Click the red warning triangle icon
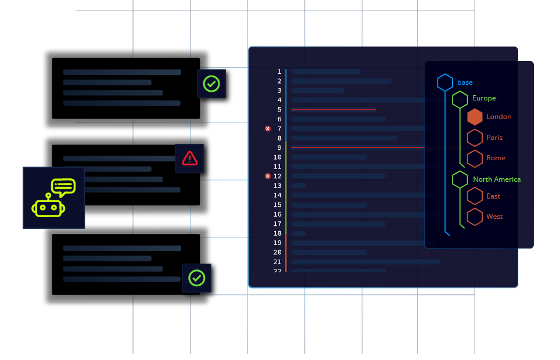[x=189, y=158]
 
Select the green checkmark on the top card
[x=211, y=84]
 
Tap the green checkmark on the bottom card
[x=196, y=278]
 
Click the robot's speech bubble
[x=63, y=186]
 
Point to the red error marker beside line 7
[x=268, y=128]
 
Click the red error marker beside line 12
[x=268, y=176]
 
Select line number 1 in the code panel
[x=279, y=71]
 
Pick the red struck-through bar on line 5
[x=333, y=109]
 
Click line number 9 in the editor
[x=279, y=147]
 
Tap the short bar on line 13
[x=299, y=185]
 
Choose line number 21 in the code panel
[x=278, y=262]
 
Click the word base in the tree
[x=465, y=82]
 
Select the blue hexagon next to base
[x=445, y=82]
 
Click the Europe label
[x=484, y=98]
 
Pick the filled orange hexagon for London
[x=475, y=117]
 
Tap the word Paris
[x=494, y=138]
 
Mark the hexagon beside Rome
[x=475, y=158]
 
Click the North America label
[x=497, y=179]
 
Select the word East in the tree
[x=493, y=196]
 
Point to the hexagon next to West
[x=475, y=217]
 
